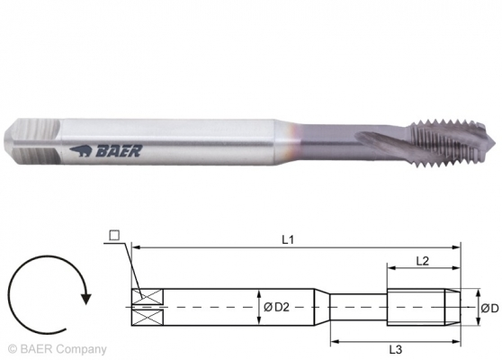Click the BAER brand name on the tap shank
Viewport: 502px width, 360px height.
(121, 153)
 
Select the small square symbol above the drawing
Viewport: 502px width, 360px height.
(113, 237)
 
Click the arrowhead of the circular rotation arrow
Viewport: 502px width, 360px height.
(84, 290)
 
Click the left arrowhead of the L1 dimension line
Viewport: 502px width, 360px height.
(135, 246)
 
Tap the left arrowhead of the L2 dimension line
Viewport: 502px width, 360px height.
(390, 268)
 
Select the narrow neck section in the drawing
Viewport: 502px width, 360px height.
(355, 308)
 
